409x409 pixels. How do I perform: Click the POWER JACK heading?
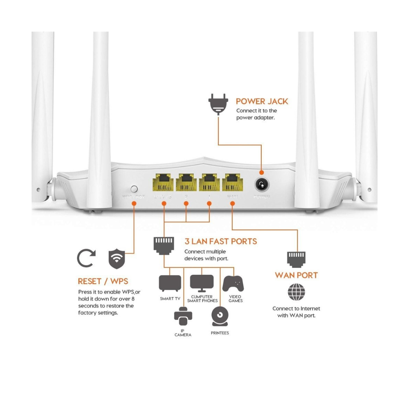point(262,101)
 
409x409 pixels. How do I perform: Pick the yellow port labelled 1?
point(209,182)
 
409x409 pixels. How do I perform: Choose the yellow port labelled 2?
point(186,182)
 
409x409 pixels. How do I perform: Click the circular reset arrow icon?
point(86,258)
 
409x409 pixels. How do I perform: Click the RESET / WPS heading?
point(103,281)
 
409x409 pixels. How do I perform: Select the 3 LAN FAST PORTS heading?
point(220,241)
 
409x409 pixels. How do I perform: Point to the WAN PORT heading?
point(296,275)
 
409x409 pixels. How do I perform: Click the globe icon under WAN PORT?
point(296,293)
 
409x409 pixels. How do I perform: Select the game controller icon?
point(233,284)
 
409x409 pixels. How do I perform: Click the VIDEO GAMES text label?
point(236,299)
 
